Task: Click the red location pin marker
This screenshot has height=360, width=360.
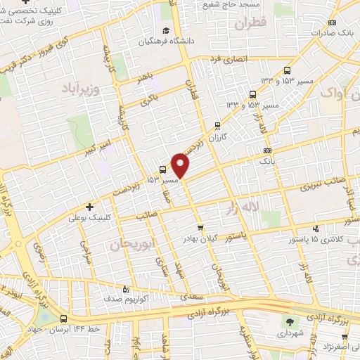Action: point(181,165)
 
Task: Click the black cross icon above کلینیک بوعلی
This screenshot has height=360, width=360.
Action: point(89,207)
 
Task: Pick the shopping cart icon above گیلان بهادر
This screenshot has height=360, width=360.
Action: point(200,228)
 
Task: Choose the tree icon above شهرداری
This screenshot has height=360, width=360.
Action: point(290,322)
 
